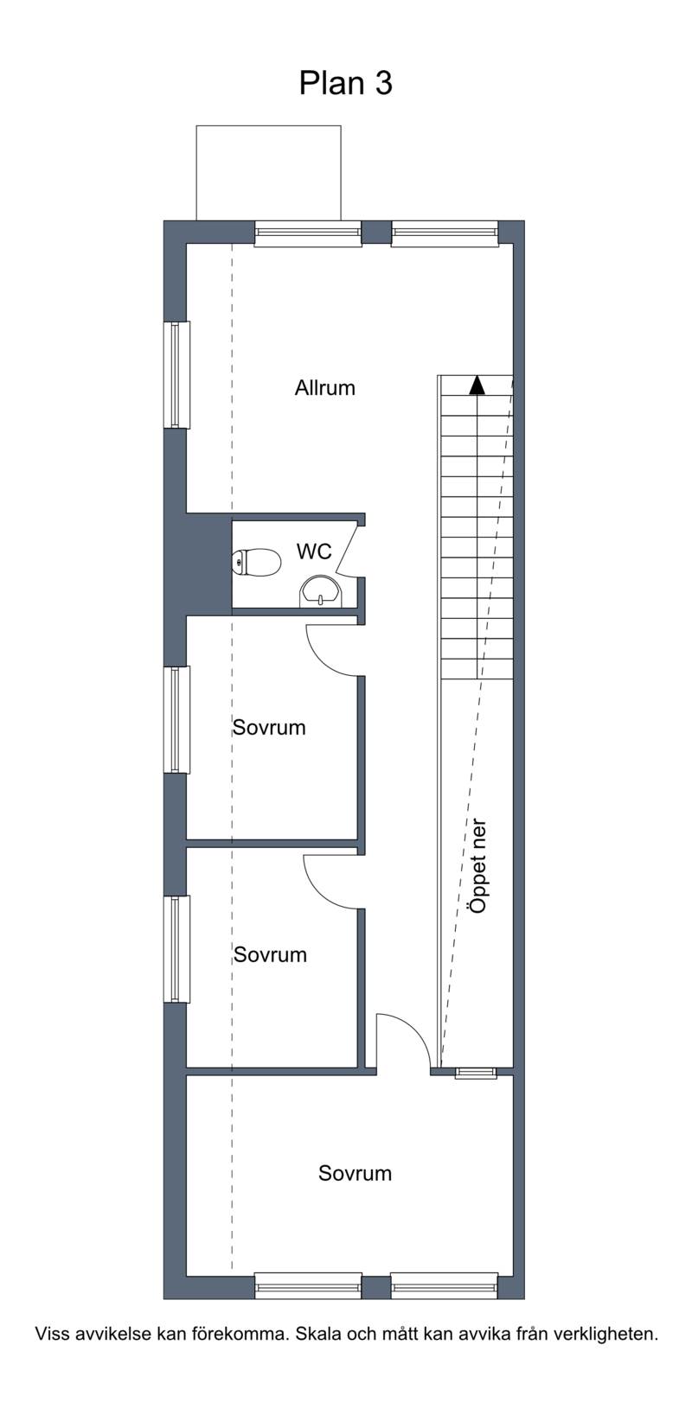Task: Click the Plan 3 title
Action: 346,83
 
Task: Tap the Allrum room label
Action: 325,387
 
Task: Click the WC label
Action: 314,551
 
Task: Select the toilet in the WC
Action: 257,562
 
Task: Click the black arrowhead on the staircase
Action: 477,386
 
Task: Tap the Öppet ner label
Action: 478,866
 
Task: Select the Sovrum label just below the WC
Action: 269,727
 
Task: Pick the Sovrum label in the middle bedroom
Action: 270,954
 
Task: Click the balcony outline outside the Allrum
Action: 269,125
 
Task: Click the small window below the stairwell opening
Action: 476,1073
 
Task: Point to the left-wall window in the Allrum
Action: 177,375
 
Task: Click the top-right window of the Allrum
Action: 445,233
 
